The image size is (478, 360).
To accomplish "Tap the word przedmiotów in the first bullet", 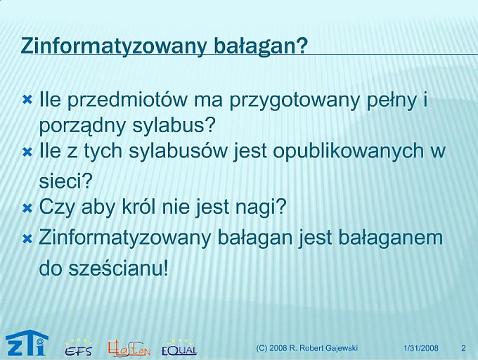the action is click(127, 99).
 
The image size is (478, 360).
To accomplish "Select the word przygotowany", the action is click(294, 99).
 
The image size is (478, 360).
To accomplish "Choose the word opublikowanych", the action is click(347, 151).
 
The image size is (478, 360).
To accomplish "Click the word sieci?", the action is click(65, 181).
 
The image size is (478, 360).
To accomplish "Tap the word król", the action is click(139, 206).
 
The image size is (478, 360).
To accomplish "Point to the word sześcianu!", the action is click(118, 268).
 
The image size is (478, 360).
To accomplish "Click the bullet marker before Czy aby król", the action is click(27, 209).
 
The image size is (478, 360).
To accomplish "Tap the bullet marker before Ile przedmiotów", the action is click(27, 100).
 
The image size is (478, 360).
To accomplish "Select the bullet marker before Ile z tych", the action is click(27, 152).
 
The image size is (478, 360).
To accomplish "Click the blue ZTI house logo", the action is click(27, 344).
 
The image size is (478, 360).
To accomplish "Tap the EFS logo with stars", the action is click(78, 348).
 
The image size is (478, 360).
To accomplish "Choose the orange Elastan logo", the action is click(129, 349).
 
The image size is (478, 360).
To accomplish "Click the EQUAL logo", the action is click(179, 348).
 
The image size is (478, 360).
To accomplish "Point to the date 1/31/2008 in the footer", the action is click(420, 348).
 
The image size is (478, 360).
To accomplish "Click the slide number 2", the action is click(464, 348).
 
